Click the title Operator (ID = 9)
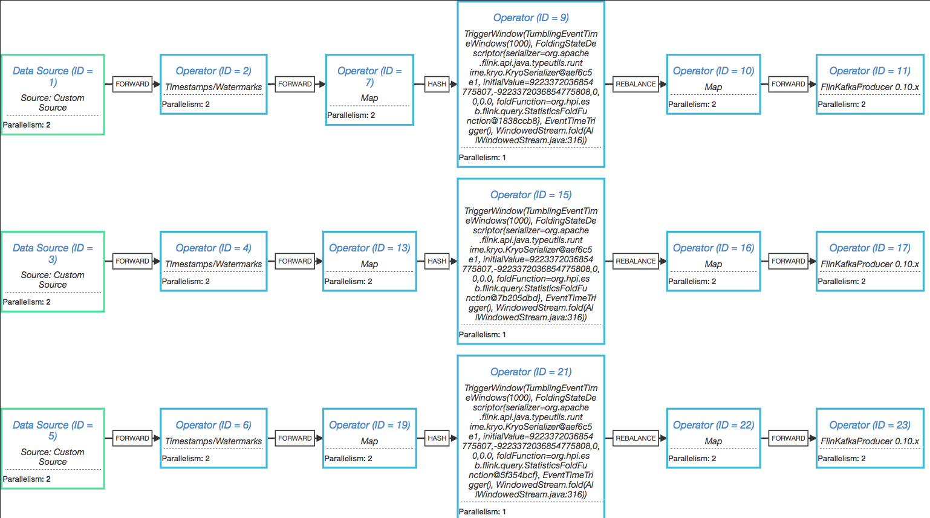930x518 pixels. pos(531,18)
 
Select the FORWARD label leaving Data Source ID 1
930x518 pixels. pos(132,84)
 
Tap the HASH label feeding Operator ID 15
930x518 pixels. pos(437,261)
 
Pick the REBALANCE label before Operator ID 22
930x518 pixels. pos(636,438)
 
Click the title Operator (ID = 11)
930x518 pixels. pos(870,71)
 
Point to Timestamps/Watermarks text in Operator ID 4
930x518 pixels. pos(213,264)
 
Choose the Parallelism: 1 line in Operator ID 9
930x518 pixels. pos(483,158)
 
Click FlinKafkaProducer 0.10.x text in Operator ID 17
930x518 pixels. pos(870,264)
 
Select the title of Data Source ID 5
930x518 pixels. pos(53,430)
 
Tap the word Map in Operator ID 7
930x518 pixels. pos(369,98)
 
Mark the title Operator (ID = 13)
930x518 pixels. pos(369,248)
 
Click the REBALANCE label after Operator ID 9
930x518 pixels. pos(636,84)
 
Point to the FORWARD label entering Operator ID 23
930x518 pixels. pos(788,438)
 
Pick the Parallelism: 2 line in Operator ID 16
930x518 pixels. pos(692,282)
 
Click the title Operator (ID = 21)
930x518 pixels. pos(531,372)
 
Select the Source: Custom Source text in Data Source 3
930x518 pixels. pos(53,280)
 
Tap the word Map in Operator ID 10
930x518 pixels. pos(714,87)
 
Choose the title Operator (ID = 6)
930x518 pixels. pos(213,425)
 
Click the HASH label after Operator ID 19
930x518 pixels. pos(437,438)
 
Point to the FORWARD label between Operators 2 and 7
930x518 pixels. pos(295,84)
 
